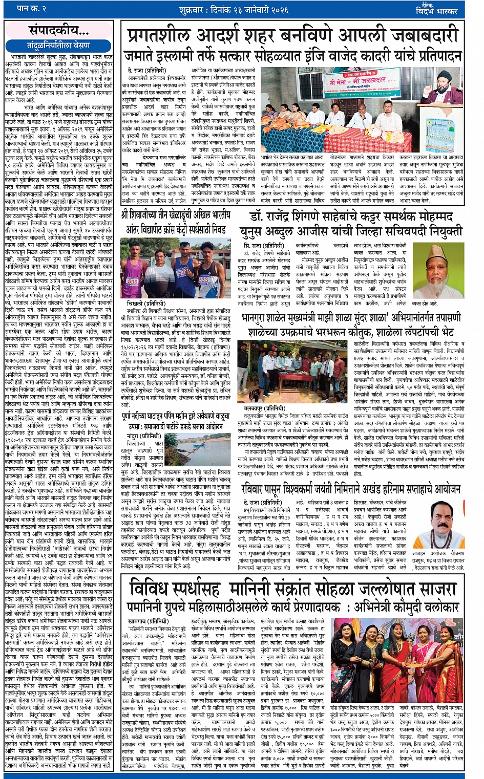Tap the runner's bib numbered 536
click(133, 282)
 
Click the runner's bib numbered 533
click(204, 279)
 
